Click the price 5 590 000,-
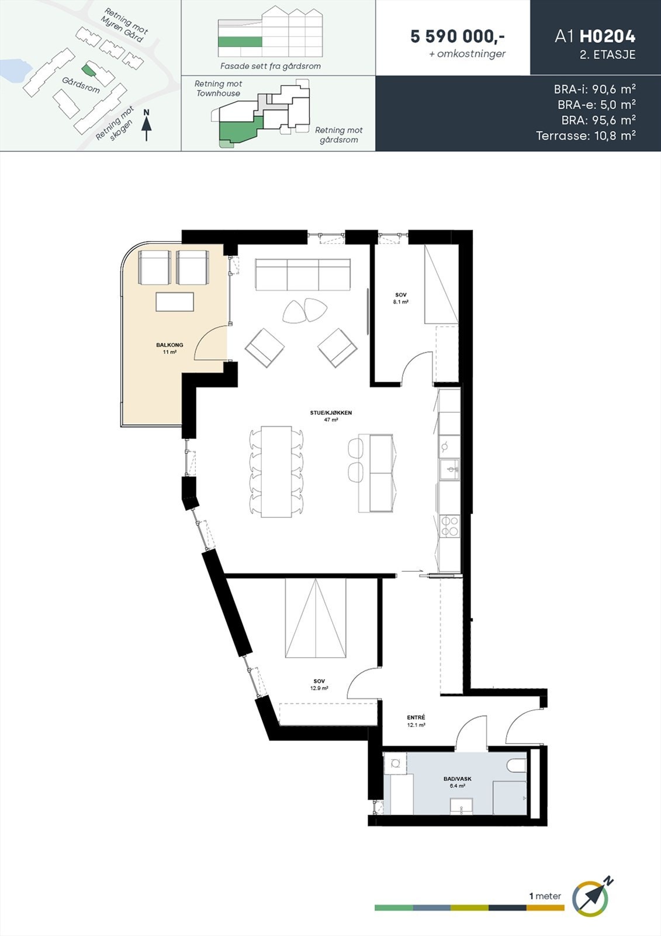point(458,36)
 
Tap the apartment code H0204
point(607,36)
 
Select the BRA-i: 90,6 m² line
point(594,90)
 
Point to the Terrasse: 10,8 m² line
point(586,136)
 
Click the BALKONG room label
point(169,345)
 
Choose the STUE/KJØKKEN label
point(331,413)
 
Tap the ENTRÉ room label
point(416,718)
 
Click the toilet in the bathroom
point(517,766)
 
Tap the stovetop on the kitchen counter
point(449,526)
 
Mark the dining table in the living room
point(276,472)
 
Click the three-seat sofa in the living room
point(303,274)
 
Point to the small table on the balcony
point(175,302)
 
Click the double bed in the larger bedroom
point(316,618)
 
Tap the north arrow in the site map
point(146,126)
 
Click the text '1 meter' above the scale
point(545,896)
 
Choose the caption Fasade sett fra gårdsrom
point(270,66)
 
